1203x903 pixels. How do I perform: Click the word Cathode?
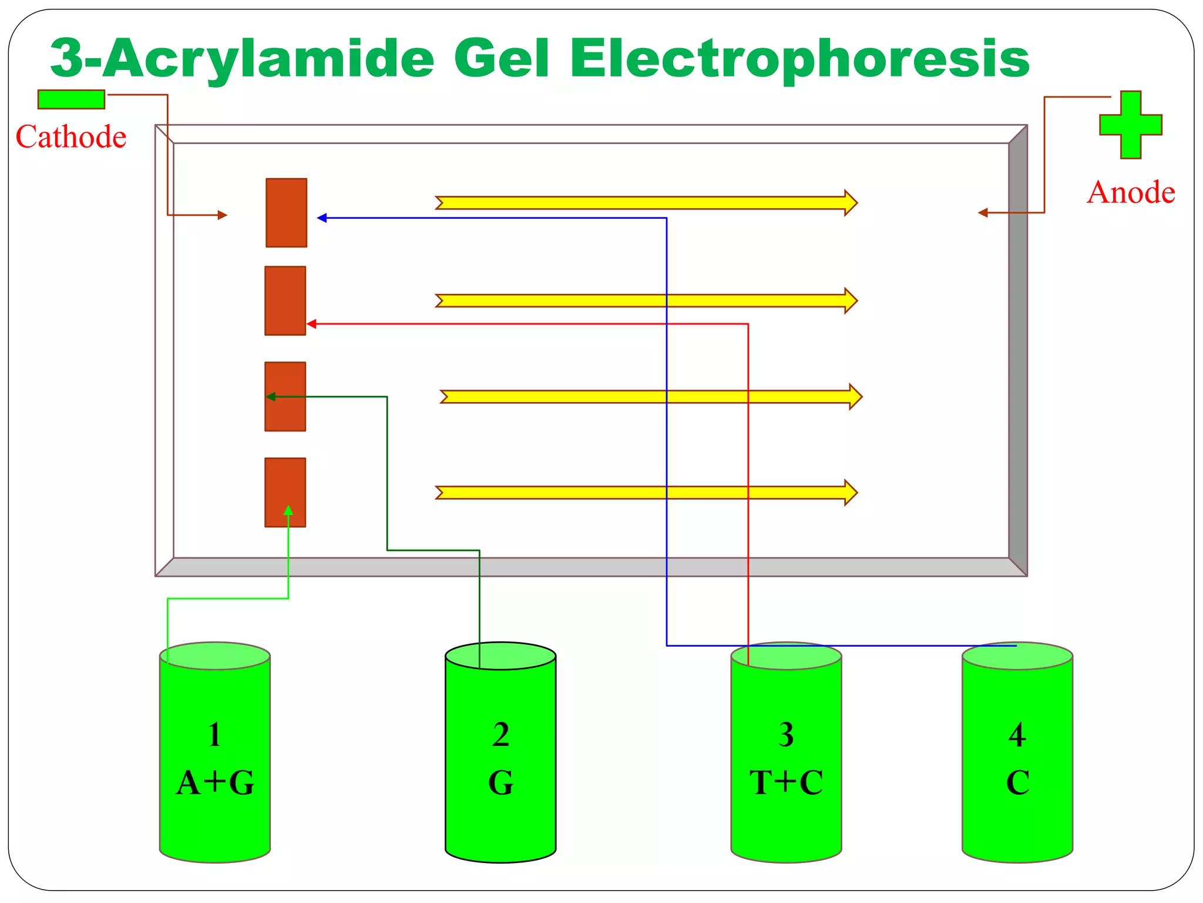(x=71, y=137)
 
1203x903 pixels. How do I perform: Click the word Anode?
(x=1131, y=193)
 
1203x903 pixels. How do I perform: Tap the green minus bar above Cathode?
(x=71, y=99)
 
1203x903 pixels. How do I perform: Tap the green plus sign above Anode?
(x=1130, y=125)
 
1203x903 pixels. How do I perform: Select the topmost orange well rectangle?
(x=286, y=213)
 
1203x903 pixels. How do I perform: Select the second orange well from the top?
(x=285, y=300)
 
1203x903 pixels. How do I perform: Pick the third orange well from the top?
(x=285, y=396)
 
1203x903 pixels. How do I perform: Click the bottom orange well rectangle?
(x=285, y=492)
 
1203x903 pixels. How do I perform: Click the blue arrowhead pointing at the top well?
(x=322, y=218)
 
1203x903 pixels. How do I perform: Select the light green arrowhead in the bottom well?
(x=288, y=510)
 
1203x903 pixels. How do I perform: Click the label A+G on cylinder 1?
(x=215, y=783)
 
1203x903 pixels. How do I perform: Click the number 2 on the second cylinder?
(x=500, y=735)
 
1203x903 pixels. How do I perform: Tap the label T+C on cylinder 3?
(x=786, y=783)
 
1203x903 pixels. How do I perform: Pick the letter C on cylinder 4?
(x=1017, y=783)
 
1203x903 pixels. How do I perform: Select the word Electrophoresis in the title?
(x=799, y=59)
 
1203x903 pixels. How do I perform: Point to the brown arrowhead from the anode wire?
(x=982, y=213)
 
